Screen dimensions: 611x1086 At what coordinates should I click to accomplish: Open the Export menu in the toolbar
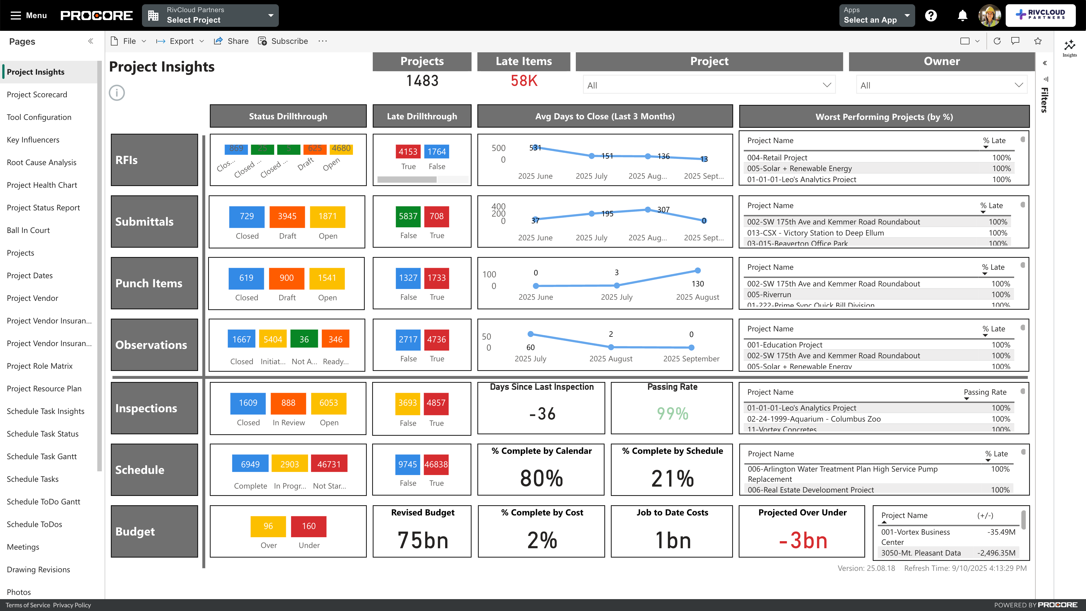[180, 41]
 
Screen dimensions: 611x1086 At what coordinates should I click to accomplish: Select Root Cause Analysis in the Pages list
[41, 163]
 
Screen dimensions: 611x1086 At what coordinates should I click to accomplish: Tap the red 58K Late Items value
[523, 81]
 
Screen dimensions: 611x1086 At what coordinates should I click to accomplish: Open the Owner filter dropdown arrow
[1018, 85]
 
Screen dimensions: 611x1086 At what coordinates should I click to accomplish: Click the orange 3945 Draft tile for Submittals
[287, 217]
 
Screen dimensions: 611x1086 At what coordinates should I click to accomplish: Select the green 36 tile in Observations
[304, 340]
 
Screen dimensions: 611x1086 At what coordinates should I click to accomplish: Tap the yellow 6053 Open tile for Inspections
[328, 403]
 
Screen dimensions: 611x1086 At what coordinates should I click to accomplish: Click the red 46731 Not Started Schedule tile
[329, 464]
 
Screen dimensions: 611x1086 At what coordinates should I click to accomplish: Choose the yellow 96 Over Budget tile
[268, 526]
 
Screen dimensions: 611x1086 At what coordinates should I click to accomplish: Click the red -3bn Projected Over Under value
[803, 541]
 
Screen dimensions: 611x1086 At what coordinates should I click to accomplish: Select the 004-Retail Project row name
[777, 157]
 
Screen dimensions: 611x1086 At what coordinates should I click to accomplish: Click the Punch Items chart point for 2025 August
[698, 271]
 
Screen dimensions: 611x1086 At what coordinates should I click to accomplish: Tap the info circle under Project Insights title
[117, 93]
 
